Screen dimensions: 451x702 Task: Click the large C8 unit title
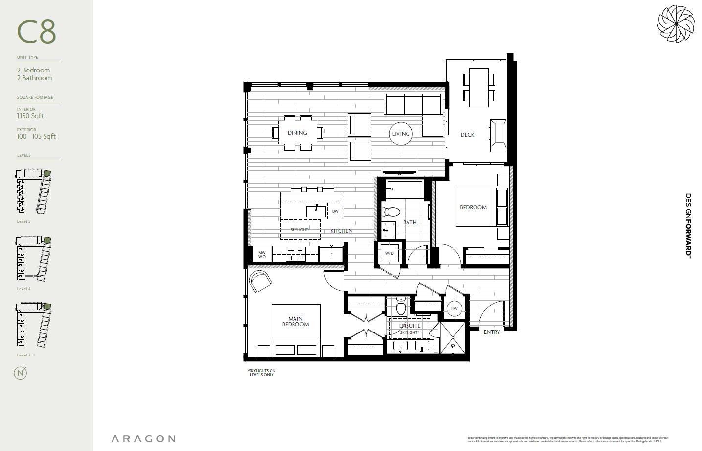(37, 32)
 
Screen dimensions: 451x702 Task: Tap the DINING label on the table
(297, 133)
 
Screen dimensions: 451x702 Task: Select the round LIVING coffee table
(401, 134)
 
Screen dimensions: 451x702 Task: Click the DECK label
(467, 135)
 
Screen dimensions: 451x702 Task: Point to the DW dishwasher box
(335, 211)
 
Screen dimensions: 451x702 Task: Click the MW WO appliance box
(262, 255)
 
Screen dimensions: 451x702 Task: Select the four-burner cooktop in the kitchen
(295, 254)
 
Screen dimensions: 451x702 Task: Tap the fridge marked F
(331, 255)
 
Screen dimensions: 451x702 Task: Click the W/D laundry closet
(389, 253)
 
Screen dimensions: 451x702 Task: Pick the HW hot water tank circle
(454, 309)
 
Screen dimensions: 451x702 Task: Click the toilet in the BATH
(391, 212)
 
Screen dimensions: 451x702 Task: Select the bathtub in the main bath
(404, 189)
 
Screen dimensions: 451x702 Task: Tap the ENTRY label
(492, 332)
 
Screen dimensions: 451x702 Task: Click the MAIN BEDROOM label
(295, 322)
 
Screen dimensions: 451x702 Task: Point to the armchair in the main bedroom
(260, 281)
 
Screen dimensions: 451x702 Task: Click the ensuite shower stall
(453, 338)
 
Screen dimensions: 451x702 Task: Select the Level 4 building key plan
(34, 259)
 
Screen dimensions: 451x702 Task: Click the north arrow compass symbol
(21, 373)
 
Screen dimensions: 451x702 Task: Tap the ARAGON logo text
(143, 439)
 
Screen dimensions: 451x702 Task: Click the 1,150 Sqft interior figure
(30, 116)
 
